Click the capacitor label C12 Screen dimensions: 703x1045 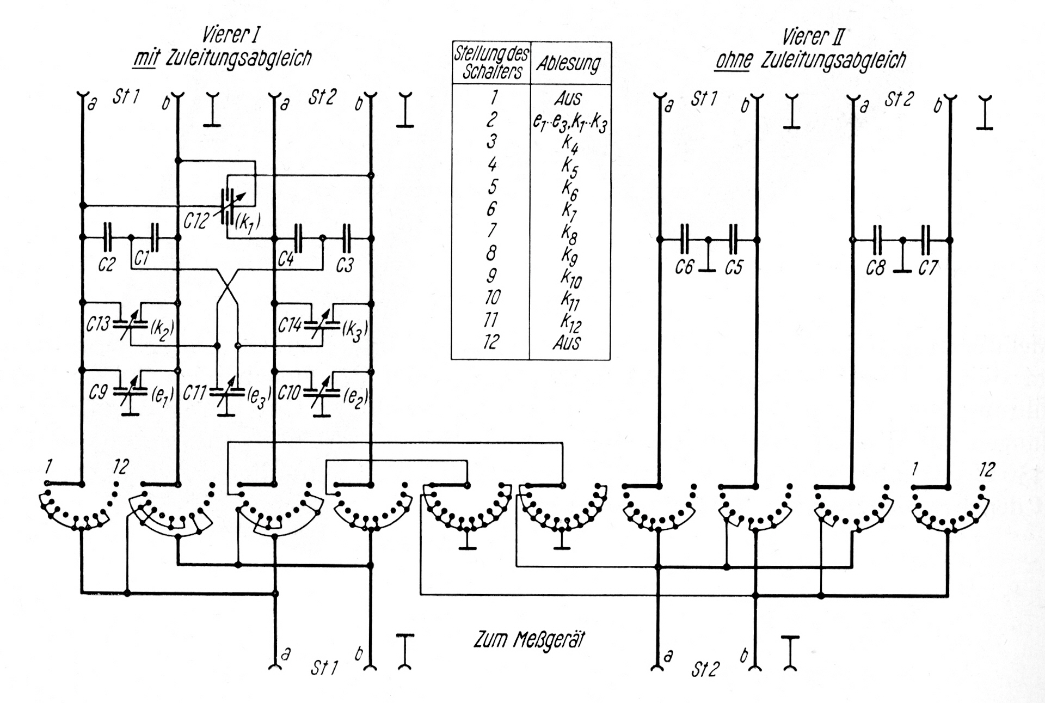(196, 221)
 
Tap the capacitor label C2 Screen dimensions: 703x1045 (107, 265)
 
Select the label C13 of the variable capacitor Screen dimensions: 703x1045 (98, 325)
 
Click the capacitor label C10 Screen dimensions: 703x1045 (289, 393)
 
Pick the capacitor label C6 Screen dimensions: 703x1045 (684, 267)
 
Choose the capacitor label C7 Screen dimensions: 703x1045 (927, 268)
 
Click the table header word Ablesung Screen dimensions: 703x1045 (569, 64)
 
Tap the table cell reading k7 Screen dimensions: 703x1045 (569, 210)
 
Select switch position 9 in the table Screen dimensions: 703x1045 (491, 276)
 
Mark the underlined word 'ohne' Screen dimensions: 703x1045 (734, 60)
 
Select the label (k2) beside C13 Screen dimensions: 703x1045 (162, 328)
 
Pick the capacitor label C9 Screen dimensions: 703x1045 (98, 392)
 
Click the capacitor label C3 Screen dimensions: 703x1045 (345, 265)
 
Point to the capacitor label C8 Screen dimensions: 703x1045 (875, 268)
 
